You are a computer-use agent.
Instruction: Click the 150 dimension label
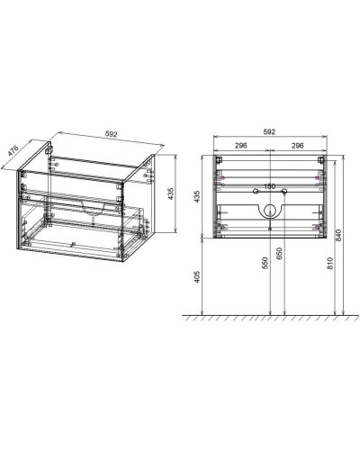tap(268, 188)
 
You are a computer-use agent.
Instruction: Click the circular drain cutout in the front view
tap(268, 212)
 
